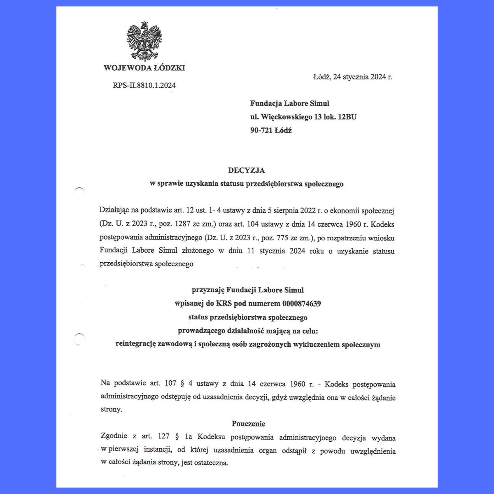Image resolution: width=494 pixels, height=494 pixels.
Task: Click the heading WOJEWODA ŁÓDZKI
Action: pos(144,68)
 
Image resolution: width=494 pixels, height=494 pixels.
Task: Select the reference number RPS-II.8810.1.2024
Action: pos(144,86)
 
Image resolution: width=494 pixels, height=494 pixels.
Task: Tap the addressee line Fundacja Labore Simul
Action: pos(289,103)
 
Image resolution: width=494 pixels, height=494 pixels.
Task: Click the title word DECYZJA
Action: pos(247,170)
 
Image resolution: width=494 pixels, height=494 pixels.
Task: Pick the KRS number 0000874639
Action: pos(302,304)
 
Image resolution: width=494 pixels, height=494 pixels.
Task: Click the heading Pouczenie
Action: pos(248,424)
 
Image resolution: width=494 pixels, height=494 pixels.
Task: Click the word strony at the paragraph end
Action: pos(111,410)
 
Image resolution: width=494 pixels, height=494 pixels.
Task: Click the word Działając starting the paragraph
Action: pos(114,211)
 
